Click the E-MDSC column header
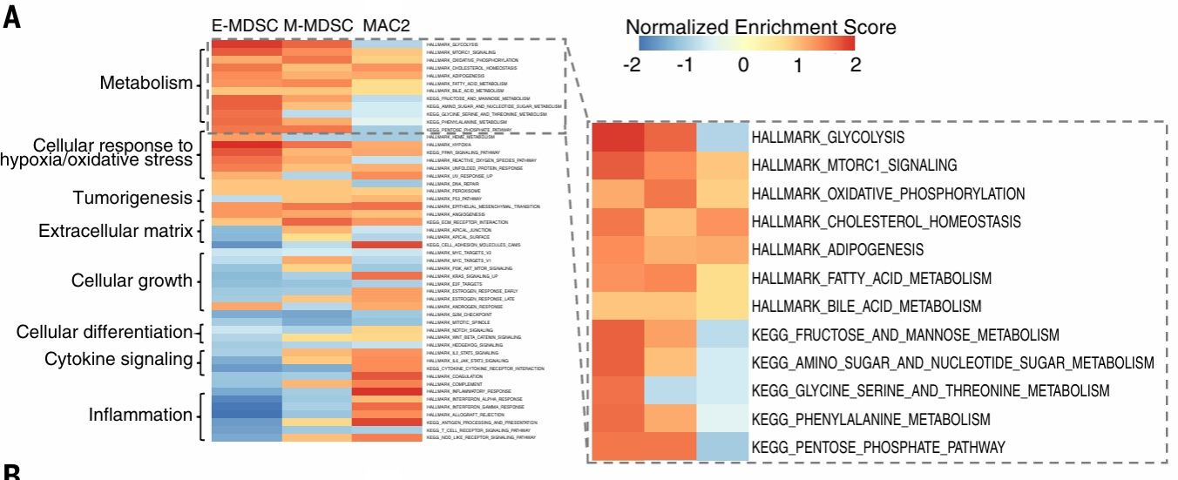[x=245, y=26]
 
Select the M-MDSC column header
[x=317, y=26]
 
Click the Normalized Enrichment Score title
[x=761, y=27]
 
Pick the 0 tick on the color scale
[x=742, y=65]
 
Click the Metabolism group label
[x=146, y=84]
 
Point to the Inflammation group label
[x=140, y=415]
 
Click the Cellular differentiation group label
[x=104, y=332]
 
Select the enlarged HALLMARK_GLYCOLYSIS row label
[x=827, y=138]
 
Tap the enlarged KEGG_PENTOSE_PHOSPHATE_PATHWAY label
[x=877, y=447]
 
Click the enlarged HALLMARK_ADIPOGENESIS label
[x=836, y=250]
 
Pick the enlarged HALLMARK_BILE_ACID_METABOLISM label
[x=865, y=306]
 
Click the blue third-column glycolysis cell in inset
[x=722, y=138]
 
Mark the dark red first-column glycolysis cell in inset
[x=618, y=138]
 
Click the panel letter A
[x=12, y=19]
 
